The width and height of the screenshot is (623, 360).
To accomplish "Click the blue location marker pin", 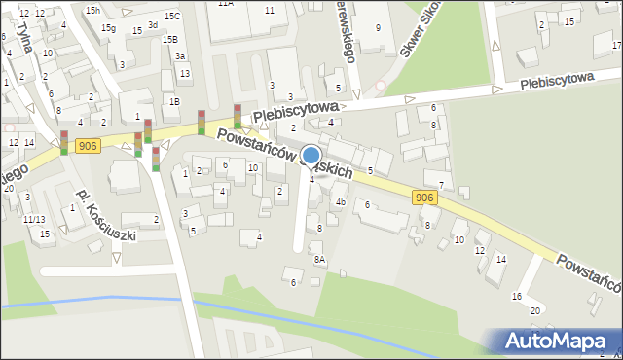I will (311, 156).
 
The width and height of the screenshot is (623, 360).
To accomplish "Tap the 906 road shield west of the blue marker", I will (88, 146).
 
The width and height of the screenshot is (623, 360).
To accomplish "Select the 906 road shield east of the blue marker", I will (423, 198).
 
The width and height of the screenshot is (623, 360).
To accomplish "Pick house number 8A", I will (319, 260).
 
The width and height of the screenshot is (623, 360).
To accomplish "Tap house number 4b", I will (340, 202).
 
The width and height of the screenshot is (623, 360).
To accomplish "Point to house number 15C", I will (171, 17).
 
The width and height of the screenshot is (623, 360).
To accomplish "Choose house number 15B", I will (170, 39).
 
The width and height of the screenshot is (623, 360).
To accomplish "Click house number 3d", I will (153, 24).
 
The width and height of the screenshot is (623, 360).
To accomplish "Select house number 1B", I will (174, 101).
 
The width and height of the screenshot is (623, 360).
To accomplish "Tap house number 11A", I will (226, 4).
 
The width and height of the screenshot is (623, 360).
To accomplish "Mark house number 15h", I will (92, 10).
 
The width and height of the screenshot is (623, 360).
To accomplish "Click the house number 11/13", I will (35, 219).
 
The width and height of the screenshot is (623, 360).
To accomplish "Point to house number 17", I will (616, 45).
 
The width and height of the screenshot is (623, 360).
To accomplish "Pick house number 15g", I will (107, 28).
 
